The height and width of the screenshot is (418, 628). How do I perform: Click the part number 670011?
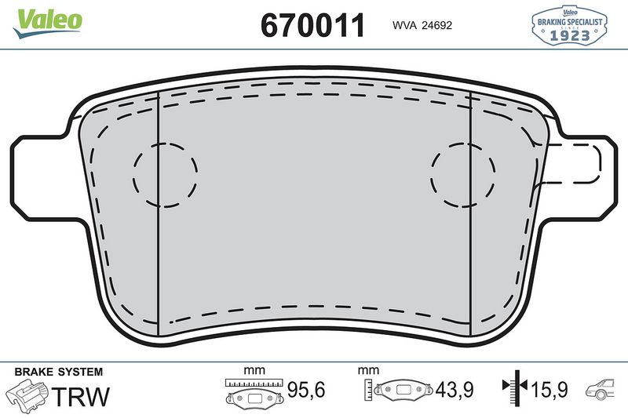(x=312, y=25)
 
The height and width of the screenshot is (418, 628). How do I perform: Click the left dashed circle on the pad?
(x=165, y=175)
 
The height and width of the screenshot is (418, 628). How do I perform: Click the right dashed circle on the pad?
(x=463, y=175)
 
